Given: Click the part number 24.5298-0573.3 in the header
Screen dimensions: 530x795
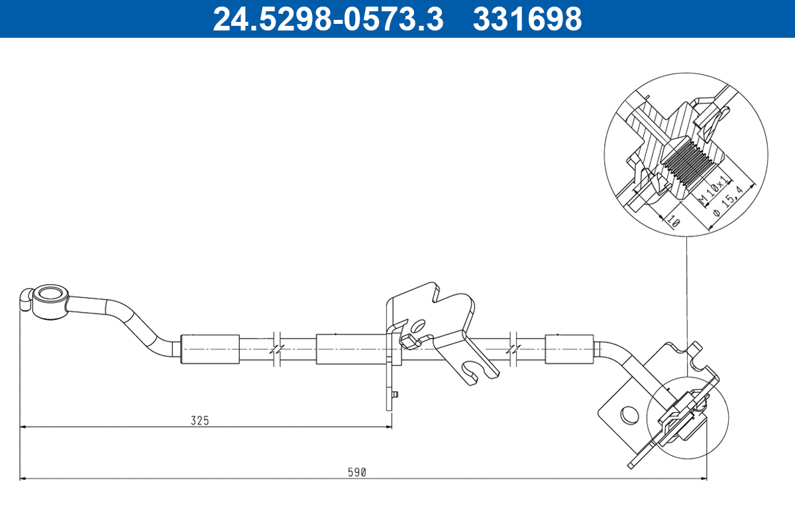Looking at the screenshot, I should [x=327, y=19].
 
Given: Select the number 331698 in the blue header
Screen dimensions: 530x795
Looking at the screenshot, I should [x=527, y=19].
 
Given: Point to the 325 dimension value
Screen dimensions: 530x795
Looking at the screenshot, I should [x=199, y=420].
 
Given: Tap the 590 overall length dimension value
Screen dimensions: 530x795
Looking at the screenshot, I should [x=357, y=472].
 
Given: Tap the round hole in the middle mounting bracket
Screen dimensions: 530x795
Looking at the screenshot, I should [x=418, y=326].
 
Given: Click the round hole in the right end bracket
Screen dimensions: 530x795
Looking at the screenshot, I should [x=626, y=415].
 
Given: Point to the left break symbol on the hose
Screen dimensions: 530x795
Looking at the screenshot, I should [x=277, y=348].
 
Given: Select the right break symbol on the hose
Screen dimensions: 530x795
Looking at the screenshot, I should [x=513, y=348].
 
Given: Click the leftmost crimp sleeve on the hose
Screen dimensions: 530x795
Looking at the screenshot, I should [x=210, y=348].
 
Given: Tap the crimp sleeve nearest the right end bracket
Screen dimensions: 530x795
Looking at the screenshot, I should [x=568, y=349].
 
